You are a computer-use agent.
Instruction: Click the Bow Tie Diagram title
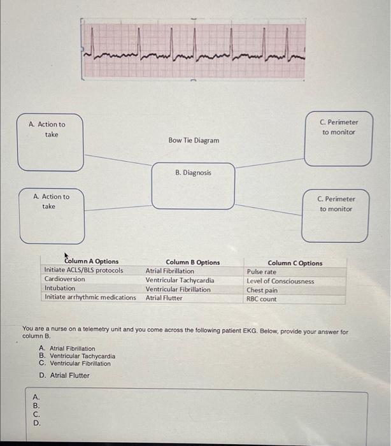194,140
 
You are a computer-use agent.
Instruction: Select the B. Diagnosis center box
193,185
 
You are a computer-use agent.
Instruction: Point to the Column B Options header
192,262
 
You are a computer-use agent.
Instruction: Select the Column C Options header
295,263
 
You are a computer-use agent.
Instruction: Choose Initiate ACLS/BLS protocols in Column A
83,270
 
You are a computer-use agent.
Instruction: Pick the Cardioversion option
64,279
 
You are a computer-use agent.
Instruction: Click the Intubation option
59,288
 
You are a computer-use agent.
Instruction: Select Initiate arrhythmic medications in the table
90,297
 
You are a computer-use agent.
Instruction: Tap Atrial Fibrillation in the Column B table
170,271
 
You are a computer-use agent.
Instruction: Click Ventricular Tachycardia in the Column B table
180,280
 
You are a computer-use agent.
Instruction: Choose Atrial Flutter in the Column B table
164,298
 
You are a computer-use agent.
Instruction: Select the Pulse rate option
262,272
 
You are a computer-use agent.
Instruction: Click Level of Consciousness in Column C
280,281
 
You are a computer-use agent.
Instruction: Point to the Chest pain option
262,290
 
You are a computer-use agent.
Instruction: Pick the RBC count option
262,299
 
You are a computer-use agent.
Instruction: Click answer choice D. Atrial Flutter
64,375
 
